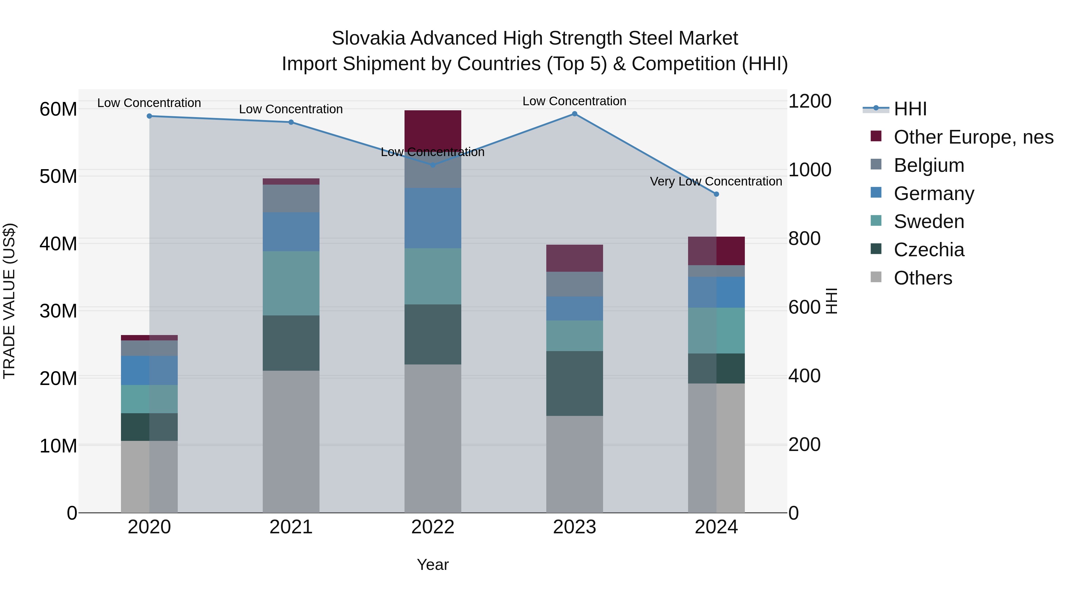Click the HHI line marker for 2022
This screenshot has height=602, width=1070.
click(x=432, y=165)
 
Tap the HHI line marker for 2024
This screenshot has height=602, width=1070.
click(x=716, y=194)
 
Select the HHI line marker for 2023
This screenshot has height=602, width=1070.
click(x=575, y=114)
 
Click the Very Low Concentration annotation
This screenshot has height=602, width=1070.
click(x=716, y=182)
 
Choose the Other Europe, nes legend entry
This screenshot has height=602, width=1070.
click(x=973, y=137)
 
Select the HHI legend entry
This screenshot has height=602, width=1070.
click(x=910, y=109)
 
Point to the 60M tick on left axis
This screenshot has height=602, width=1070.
click(x=58, y=109)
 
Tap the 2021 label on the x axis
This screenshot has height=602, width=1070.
click(x=291, y=527)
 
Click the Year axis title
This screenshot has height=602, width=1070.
click(x=432, y=565)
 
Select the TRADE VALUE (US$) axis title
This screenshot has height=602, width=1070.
click(x=9, y=301)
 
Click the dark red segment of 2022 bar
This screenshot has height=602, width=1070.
click(x=432, y=129)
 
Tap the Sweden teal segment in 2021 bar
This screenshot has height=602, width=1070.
click(x=291, y=283)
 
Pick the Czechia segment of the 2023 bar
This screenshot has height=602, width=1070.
click(x=575, y=383)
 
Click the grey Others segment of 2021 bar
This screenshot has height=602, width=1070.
click(x=291, y=441)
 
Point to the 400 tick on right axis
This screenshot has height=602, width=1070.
click(x=804, y=376)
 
